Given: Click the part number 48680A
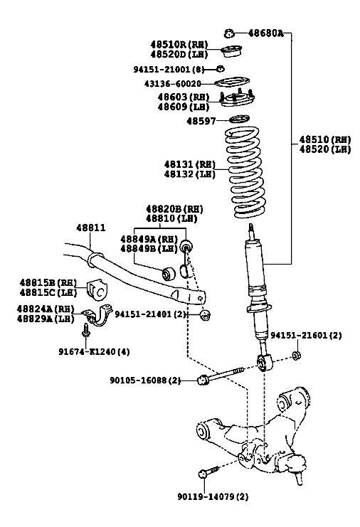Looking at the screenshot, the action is [265, 33].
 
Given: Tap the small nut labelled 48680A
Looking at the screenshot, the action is [229, 33].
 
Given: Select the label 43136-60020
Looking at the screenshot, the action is [172, 83].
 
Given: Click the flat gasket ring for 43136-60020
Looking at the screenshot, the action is [232, 82].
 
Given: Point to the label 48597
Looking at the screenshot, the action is [201, 121].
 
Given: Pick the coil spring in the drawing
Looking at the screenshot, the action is [244, 171].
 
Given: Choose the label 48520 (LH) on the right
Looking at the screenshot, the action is [325, 149].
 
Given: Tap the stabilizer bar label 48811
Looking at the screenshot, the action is [91, 228].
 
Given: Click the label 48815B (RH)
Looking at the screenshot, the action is [48, 282].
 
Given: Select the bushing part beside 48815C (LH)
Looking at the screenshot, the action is [98, 289].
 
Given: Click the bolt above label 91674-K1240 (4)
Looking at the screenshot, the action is [85, 330].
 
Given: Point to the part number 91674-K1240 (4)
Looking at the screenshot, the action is [94, 351].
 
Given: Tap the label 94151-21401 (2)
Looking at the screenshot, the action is [151, 314].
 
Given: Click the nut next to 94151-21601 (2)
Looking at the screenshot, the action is [296, 355].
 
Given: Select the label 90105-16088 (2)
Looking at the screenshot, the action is [145, 380].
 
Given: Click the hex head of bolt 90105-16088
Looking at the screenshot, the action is [203, 380].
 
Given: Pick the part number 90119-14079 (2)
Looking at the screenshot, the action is [213, 496].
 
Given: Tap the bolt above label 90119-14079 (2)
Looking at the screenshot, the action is [208, 472].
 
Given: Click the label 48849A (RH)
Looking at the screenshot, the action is [149, 239].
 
